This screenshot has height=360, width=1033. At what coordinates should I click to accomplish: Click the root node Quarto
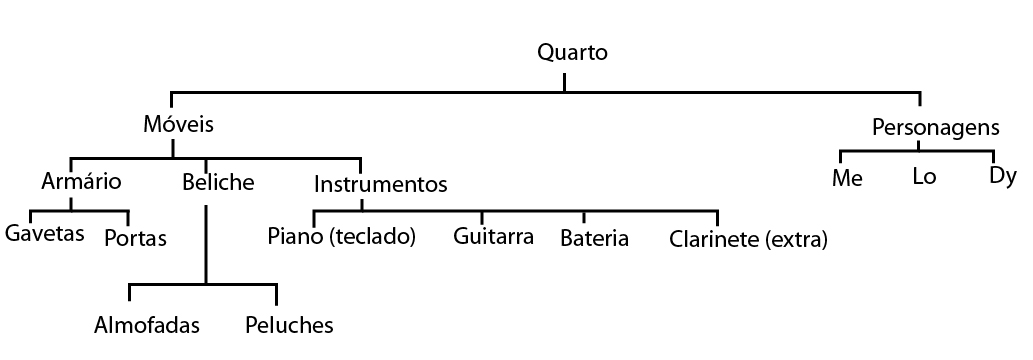coord(572,52)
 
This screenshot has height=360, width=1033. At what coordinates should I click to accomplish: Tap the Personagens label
coord(935,127)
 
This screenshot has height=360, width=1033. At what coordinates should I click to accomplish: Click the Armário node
coord(81,182)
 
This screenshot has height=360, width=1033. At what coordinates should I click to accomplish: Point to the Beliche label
coord(218,182)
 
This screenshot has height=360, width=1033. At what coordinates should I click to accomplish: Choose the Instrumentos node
coord(380,184)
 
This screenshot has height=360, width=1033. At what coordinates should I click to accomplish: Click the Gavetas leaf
coord(43,235)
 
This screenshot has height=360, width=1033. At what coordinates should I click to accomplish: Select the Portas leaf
coord(135,239)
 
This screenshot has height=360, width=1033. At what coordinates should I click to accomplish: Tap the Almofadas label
coord(147,325)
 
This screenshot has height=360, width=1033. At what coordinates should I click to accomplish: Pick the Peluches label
coord(288,325)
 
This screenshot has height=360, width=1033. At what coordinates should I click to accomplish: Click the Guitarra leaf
coord(493,238)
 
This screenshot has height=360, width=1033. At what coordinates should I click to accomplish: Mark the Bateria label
coord(594,239)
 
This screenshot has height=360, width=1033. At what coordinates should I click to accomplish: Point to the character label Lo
coord(923,179)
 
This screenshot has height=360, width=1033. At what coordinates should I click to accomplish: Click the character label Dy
coord(1002,177)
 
